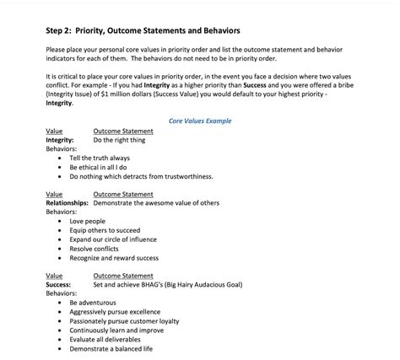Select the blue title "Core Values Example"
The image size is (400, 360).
[200, 121]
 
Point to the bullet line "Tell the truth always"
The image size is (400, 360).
[100, 158]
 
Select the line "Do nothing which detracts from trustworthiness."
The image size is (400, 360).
[141, 176]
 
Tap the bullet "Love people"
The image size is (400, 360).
[88, 221]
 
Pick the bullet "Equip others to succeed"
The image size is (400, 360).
[105, 230]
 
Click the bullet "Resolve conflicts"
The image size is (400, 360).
[95, 249]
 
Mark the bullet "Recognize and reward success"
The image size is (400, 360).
[114, 258]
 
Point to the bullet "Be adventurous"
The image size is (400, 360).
[95, 302]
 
